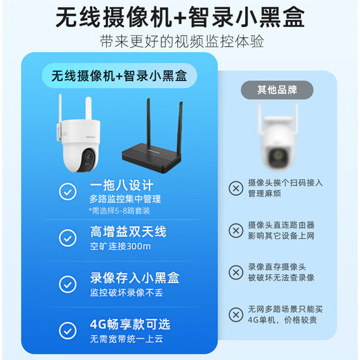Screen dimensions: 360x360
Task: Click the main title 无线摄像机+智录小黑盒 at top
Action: (x=179, y=17)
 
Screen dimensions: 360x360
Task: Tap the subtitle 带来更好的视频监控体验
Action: (x=181, y=42)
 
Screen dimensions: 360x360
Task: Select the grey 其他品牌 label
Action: (x=277, y=89)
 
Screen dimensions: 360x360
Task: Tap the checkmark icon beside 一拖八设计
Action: (x=68, y=191)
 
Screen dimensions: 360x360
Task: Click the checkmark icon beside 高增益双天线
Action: (x=68, y=237)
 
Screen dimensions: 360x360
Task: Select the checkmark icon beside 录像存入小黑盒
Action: (x=68, y=283)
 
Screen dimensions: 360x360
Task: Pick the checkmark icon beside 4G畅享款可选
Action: (x=68, y=329)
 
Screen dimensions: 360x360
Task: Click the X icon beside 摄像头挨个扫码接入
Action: (x=236, y=187)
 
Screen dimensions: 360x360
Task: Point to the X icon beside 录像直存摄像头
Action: (x=236, y=271)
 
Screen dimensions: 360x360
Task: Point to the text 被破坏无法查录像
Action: (x=280, y=277)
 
